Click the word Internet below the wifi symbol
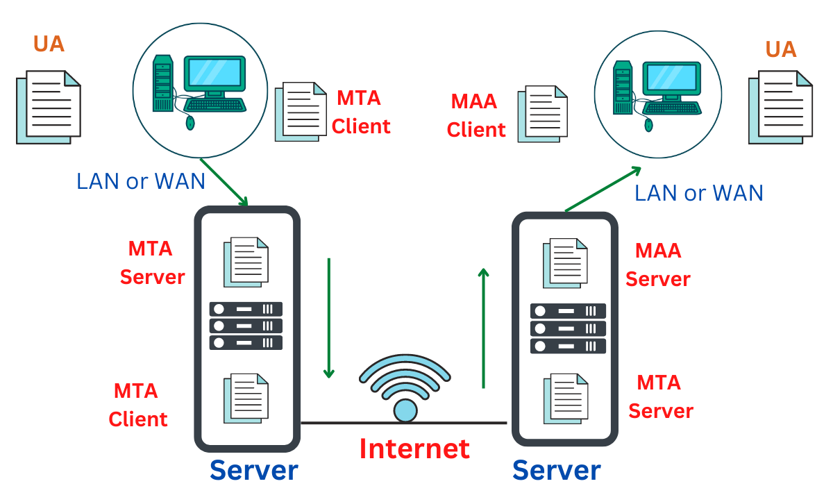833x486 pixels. coord(414,449)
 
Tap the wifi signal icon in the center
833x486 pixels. coord(405,389)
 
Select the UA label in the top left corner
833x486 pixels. coord(49,44)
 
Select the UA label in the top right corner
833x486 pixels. coord(781,49)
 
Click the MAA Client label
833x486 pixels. coord(476,116)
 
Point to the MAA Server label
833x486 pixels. coord(657,265)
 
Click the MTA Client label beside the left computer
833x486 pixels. coord(361,112)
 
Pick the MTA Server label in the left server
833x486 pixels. coord(152,262)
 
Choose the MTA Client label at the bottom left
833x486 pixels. coord(137,405)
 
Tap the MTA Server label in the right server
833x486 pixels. coord(660,396)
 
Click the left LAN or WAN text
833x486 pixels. coord(141,181)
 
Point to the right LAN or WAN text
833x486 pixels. coord(699,192)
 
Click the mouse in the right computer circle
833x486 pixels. coord(649,125)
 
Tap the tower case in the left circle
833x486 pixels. coord(162,83)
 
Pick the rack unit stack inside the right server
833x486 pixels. coord(568,328)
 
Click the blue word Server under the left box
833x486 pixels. coord(254,470)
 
